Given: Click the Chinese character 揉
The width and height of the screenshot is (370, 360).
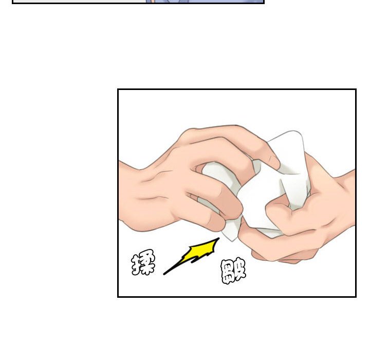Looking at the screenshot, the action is [143, 262].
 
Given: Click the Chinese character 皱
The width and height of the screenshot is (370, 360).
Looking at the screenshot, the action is [233, 272].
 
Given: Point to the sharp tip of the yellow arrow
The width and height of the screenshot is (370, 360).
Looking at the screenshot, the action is [219, 238].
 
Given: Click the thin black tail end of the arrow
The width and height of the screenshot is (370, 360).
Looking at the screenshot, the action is [164, 274].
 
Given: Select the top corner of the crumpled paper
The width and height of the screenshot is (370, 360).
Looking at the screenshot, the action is [294, 131].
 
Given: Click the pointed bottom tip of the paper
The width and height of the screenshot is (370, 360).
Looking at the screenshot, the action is [232, 241].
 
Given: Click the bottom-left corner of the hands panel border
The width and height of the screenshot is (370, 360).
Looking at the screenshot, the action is [118, 296].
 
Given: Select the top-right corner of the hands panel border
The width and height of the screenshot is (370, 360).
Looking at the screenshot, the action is [356, 89].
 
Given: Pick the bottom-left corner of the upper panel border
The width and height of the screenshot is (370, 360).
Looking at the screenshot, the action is [12, 3].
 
